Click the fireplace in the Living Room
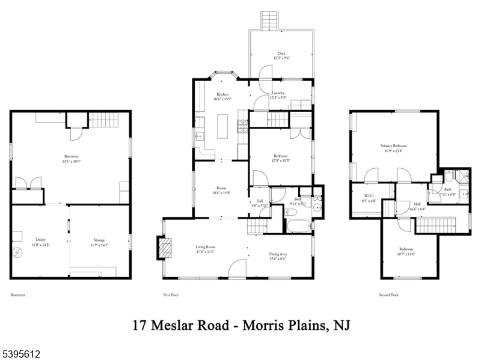[164, 247]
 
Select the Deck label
[281, 53]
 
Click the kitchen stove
[244, 127]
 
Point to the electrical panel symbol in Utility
[18, 253]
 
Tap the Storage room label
[98, 240]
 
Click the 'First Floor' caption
[171, 295]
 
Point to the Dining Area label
[277, 254]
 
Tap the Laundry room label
[278, 93]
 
